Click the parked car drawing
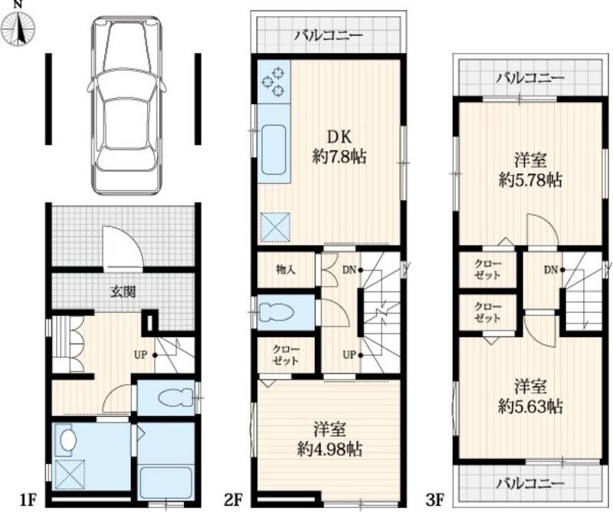pos(126,105)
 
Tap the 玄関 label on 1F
pos(123,292)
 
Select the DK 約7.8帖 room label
pos(339,147)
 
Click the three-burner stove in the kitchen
pos(274,81)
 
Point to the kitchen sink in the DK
pos(274,149)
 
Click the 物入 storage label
pos(285,270)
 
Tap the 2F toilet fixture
pos(277,313)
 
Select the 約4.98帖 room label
pos(329,449)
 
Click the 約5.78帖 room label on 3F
pos(530,180)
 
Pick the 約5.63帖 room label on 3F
pos(530,407)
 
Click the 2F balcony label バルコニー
pos(329,36)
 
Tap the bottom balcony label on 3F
pos(530,484)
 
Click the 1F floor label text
pos(28,500)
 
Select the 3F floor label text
pos(434,500)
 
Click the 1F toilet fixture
pos(176,398)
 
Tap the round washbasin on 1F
pos(67,441)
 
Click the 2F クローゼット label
pos(285,355)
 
